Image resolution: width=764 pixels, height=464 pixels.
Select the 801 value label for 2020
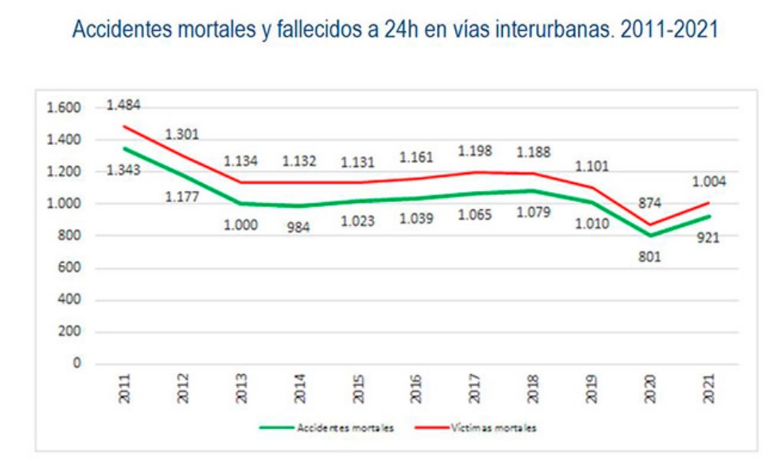click(650, 257)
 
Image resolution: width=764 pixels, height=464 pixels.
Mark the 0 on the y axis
click(78, 364)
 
